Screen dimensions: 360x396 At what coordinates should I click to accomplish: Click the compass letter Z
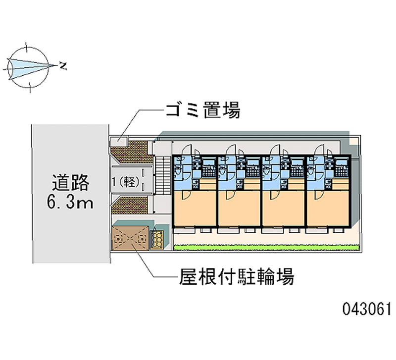[x=63, y=65]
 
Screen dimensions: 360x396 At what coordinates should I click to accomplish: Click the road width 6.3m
[x=70, y=203]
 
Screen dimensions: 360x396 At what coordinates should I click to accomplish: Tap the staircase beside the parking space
[x=161, y=176]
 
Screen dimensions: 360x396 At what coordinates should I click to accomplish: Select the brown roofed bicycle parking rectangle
[x=130, y=239]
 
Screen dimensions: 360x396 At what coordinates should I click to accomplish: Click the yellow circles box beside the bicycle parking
[x=158, y=240]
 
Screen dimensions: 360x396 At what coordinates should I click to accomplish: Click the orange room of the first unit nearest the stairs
[x=195, y=208]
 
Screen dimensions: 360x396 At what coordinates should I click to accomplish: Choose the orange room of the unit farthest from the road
[x=328, y=208]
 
